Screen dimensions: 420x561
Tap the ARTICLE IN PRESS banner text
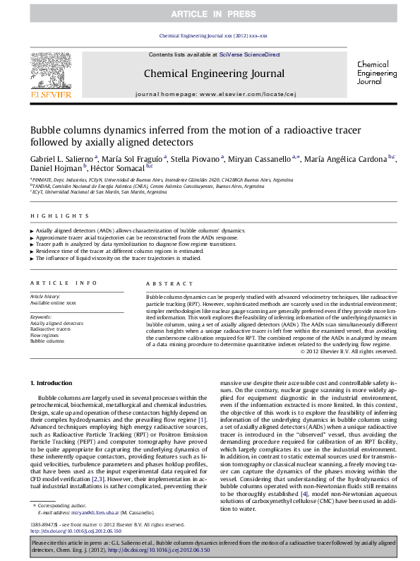(x=210, y=14)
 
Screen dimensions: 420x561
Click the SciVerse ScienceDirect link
(x=249, y=54)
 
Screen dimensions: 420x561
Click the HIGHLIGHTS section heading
(x=49, y=215)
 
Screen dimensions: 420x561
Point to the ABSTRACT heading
(x=160, y=283)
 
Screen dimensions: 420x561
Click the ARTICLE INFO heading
(x=63, y=283)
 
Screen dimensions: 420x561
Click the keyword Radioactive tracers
(x=50, y=329)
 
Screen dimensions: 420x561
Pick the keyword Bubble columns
(x=47, y=341)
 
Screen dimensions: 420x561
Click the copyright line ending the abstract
(x=348, y=351)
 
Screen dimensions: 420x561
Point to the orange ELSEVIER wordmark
(x=50, y=93)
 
